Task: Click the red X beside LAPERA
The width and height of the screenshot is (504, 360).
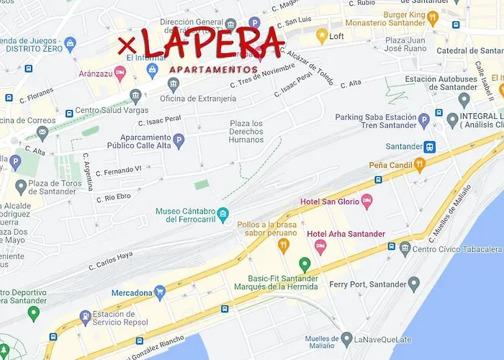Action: [x=128, y=43]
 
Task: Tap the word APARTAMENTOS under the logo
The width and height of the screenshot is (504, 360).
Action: [x=213, y=70]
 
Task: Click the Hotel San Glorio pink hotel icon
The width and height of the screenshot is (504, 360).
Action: [x=366, y=201]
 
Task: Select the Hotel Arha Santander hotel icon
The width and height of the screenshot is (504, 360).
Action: [x=320, y=246]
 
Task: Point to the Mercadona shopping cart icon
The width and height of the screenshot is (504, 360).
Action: [x=160, y=292]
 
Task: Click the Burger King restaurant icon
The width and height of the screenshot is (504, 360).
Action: [x=432, y=17]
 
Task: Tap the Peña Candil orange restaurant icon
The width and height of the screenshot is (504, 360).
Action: [x=420, y=165]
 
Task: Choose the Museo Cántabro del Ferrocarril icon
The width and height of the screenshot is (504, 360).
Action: [x=223, y=215]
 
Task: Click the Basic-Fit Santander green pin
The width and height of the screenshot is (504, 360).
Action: [x=305, y=264]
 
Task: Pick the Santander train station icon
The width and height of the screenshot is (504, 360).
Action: [x=429, y=147]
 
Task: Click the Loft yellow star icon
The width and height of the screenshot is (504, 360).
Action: [x=321, y=35]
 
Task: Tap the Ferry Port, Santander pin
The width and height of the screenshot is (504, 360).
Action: [x=413, y=284]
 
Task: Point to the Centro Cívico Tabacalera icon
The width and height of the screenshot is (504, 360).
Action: [x=405, y=249]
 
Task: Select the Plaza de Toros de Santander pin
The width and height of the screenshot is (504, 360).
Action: [x=21, y=187]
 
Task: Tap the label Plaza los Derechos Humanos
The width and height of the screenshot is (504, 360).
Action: [x=246, y=131]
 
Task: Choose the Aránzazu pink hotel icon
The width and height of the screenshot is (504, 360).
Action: [x=120, y=73]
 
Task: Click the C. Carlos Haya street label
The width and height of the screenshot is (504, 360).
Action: [x=111, y=260]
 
